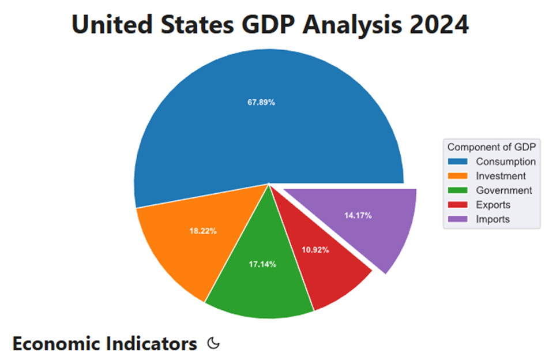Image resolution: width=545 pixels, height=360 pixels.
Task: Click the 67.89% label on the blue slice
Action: tap(261, 103)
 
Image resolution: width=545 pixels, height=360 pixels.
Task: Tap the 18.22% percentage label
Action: tap(203, 231)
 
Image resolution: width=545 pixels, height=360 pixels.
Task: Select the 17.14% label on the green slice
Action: tap(262, 264)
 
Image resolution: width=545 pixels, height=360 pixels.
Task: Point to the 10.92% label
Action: tap(315, 250)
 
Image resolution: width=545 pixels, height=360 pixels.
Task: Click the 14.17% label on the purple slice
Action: tap(358, 216)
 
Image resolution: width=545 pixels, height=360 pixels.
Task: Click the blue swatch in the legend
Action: tap(458, 162)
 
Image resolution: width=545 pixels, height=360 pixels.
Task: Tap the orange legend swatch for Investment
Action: tap(458, 176)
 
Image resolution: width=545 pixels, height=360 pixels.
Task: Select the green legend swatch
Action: tap(458, 190)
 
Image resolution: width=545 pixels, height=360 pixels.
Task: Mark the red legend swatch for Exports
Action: tap(458, 205)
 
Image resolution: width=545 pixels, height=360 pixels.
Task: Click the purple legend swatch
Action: tap(458, 219)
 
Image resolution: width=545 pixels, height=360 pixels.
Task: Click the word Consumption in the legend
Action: tap(505, 162)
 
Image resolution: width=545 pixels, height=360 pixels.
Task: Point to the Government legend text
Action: tap(504, 190)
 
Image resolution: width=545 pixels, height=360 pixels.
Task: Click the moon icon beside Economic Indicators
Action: tap(213, 344)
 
